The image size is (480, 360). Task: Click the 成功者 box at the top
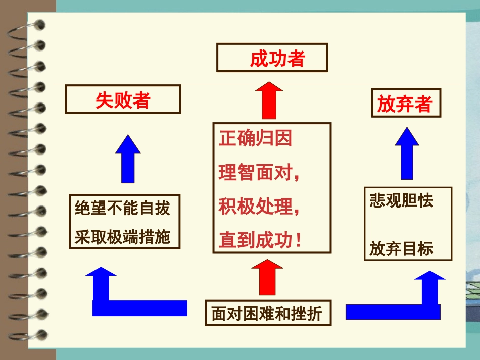click(x=272, y=58)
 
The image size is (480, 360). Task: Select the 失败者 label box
click(x=123, y=99)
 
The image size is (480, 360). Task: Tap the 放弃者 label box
click(x=405, y=104)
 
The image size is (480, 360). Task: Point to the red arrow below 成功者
click(x=269, y=101)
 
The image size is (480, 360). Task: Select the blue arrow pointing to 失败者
click(x=128, y=159)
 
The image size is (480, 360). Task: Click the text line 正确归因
click(x=255, y=139)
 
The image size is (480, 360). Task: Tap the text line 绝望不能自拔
click(x=123, y=208)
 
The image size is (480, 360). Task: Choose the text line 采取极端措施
click(x=123, y=237)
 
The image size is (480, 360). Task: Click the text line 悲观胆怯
click(x=402, y=201)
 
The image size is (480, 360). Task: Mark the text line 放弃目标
click(x=402, y=249)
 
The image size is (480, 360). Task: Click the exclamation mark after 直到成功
click(x=300, y=241)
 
